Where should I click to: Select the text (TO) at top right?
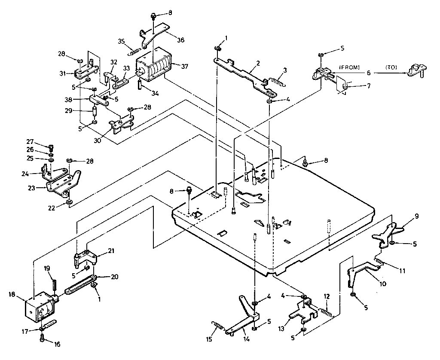coord(391,67)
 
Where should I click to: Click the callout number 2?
coord(258,63)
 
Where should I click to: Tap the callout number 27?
coord(42,142)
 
